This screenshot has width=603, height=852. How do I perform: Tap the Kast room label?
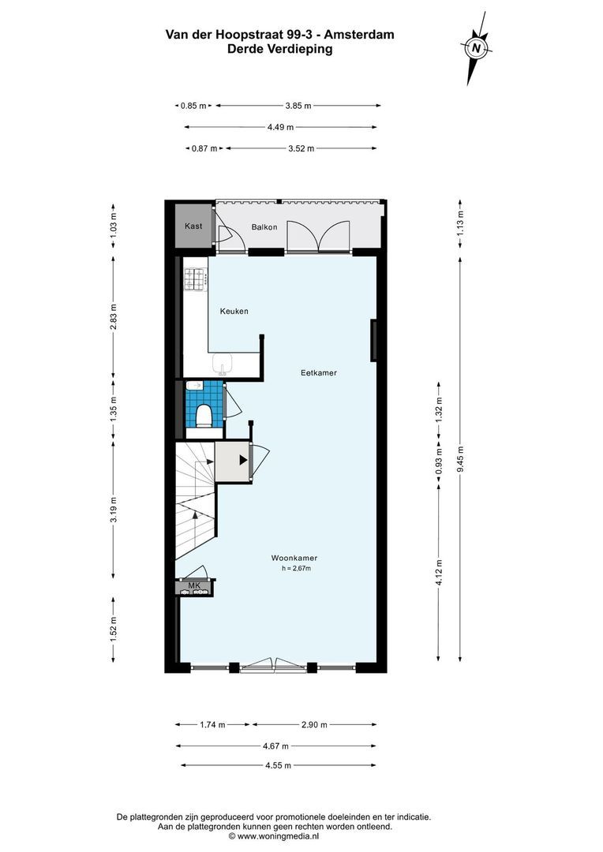193,226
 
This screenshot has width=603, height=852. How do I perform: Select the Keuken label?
234,312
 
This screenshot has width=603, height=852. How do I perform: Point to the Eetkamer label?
319,373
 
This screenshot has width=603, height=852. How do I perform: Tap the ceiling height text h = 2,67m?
296,568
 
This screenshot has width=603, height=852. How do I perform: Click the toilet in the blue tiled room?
204,414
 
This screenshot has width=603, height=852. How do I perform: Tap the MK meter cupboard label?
193,585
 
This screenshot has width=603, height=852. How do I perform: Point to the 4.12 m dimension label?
440,568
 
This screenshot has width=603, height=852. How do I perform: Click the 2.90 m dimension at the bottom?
314,724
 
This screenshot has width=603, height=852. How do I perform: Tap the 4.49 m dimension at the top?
280,127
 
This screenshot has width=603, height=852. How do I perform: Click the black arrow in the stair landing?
243,460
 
